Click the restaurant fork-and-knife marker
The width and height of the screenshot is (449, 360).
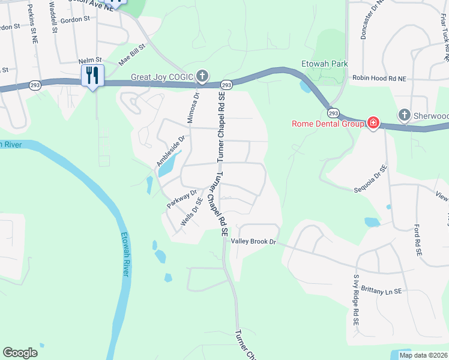[x=92, y=75]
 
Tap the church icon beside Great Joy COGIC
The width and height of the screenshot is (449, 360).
[x=203, y=76]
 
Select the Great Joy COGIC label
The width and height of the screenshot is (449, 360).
[x=163, y=77]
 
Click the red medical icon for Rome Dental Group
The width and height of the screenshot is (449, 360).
[x=373, y=123]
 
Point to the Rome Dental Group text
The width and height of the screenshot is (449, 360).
[x=328, y=124]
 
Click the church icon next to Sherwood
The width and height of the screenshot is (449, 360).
[x=405, y=115]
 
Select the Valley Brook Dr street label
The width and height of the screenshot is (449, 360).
[x=253, y=241]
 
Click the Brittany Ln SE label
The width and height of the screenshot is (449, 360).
[x=380, y=291]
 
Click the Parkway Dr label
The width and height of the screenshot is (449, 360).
[x=182, y=199]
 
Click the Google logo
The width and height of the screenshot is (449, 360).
[x=20, y=353]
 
